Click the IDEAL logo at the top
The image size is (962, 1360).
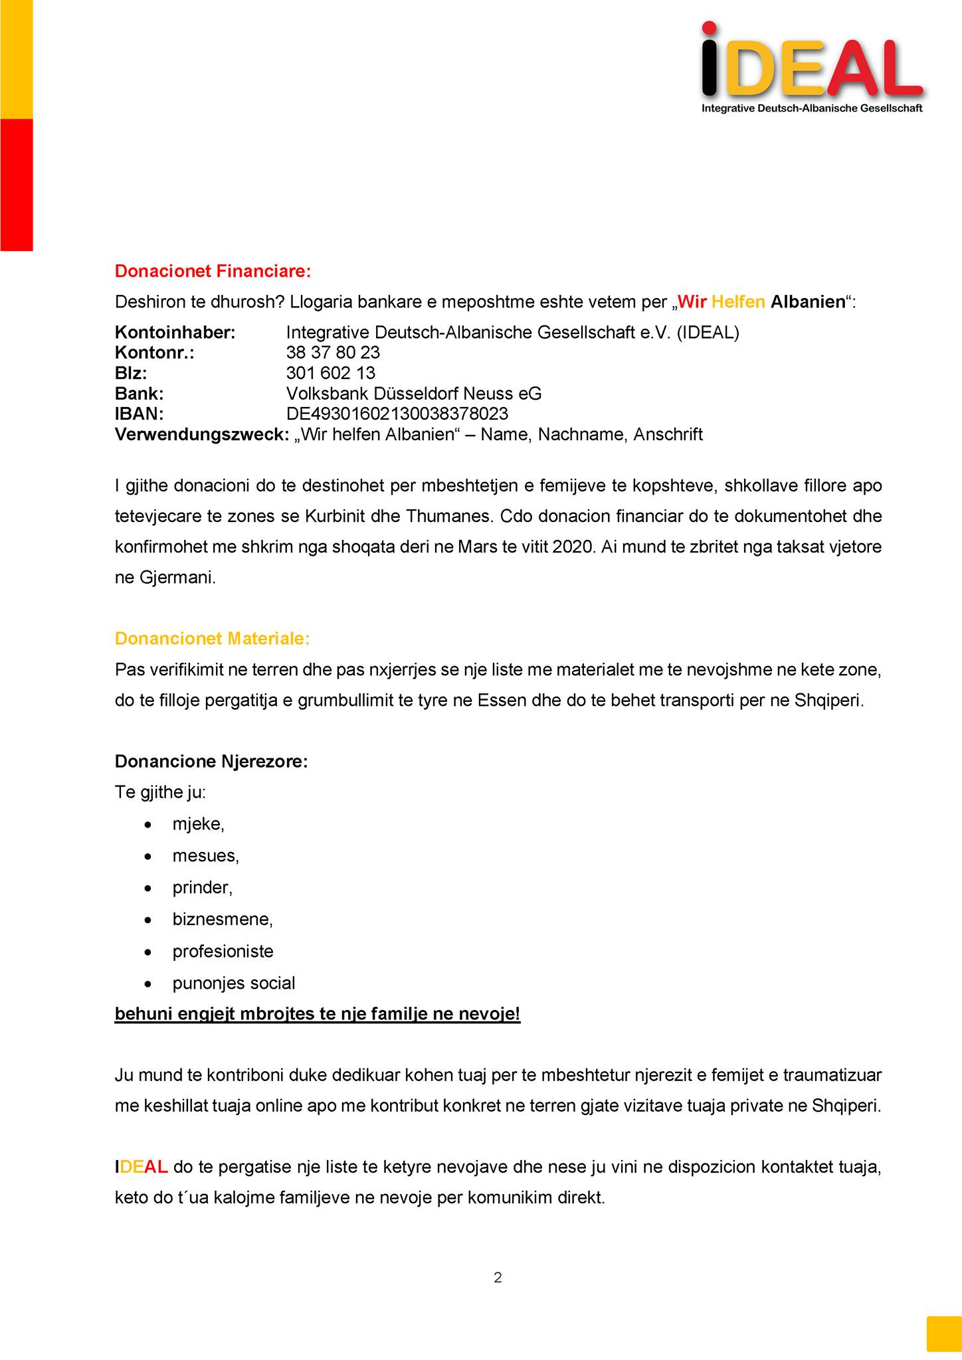(812, 66)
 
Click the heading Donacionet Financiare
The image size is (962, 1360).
(213, 271)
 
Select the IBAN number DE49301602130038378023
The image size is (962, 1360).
(397, 414)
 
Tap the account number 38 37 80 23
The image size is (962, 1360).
(333, 353)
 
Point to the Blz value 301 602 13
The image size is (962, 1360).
(330, 373)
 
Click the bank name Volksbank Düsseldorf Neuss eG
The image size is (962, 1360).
(413, 394)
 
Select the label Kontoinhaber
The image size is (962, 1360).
(175, 333)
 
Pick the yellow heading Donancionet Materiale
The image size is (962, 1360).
(212, 639)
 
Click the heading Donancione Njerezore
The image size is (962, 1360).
(211, 761)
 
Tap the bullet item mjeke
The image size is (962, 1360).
(198, 824)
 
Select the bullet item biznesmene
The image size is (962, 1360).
(223, 920)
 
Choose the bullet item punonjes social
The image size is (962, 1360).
(234, 983)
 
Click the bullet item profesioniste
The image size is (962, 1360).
(223, 952)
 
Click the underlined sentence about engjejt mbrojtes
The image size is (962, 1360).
(318, 1015)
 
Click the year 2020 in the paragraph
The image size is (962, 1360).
(571, 547)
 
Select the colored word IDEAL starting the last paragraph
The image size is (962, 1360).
(141, 1167)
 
